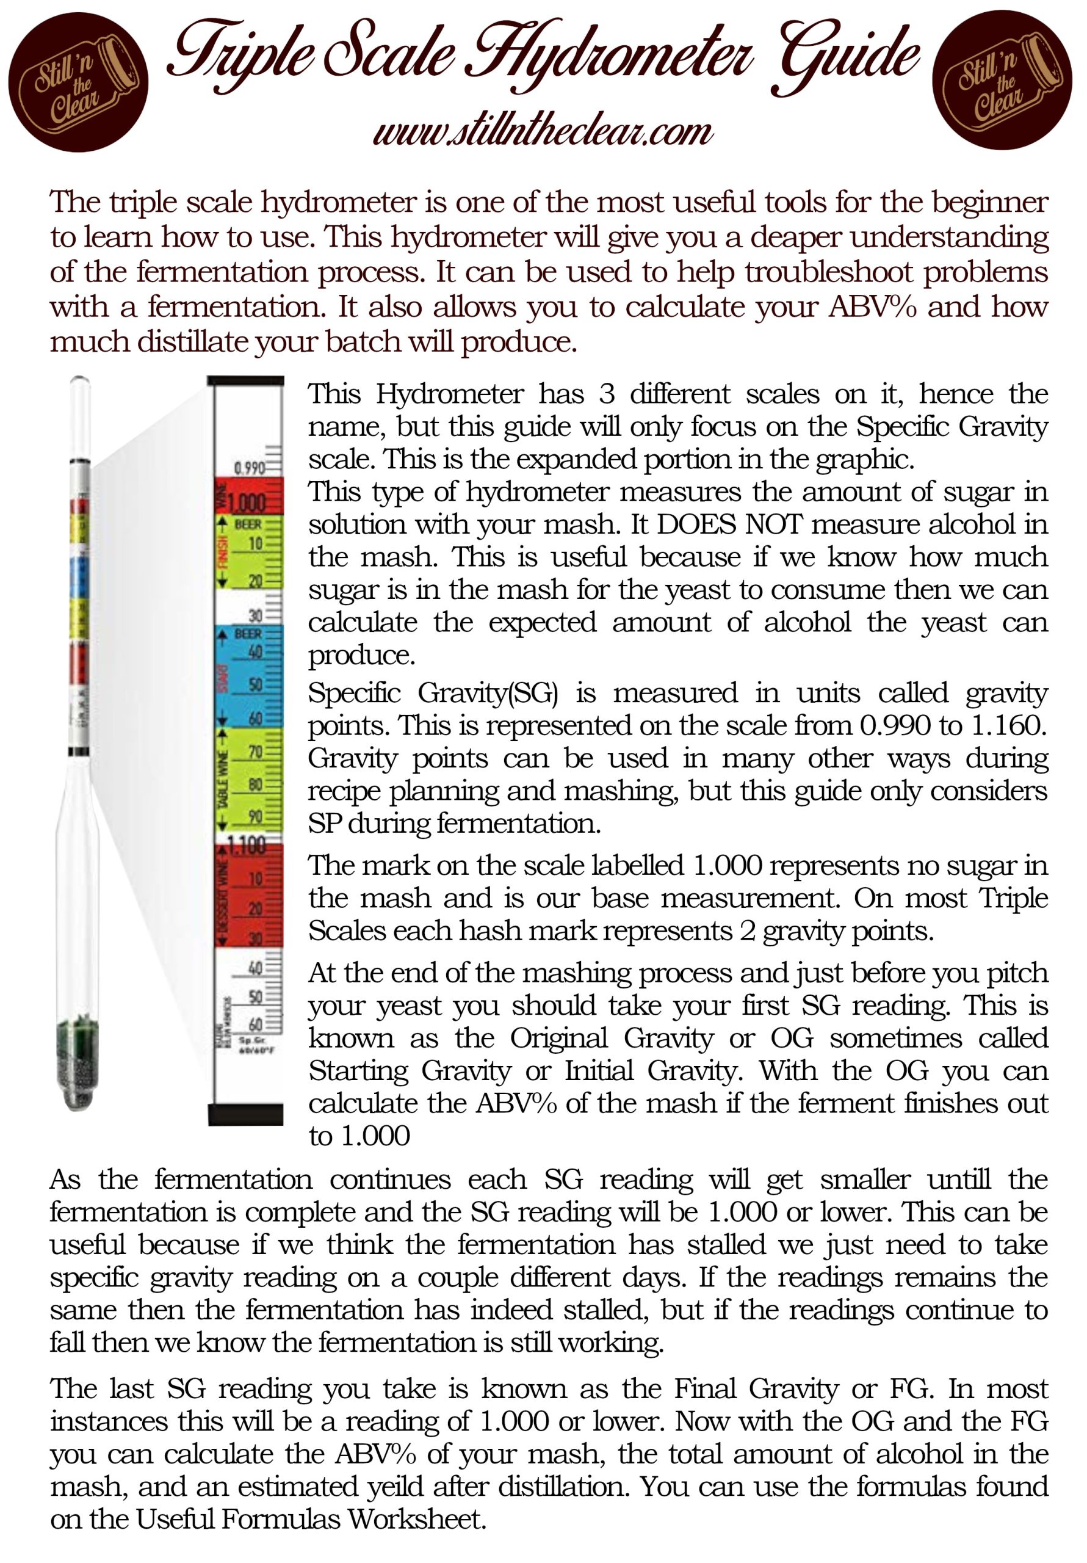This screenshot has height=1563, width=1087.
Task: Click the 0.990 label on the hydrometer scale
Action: coord(248,468)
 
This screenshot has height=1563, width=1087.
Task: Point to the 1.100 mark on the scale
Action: coord(247,846)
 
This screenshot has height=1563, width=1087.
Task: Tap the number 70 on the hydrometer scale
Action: coord(255,752)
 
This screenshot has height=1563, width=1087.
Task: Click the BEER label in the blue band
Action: coord(248,634)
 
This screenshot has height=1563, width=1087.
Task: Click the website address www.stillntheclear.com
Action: coord(543,131)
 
